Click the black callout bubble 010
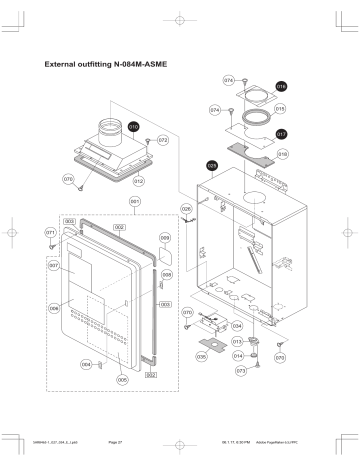click(x=134, y=129)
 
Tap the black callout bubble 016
click(x=281, y=87)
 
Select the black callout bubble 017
click(x=281, y=133)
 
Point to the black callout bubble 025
click(x=211, y=165)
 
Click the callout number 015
click(x=281, y=108)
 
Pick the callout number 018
click(x=283, y=155)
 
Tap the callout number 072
click(x=162, y=141)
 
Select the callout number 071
click(x=50, y=232)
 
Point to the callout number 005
click(x=122, y=379)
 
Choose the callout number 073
click(x=241, y=370)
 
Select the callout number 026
click(x=186, y=209)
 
